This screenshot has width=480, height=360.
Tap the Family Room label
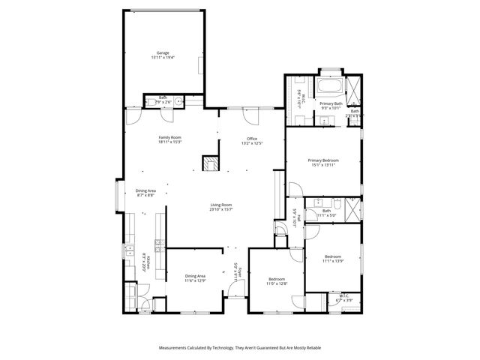pyautogui.click(x=170, y=139)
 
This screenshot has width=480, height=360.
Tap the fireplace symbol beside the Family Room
pyautogui.click(x=210, y=163)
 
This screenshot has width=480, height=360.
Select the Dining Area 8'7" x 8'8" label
pyautogui.click(x=145, y=192)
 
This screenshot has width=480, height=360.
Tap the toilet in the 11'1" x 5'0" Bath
pyautogui.click(x=338, y=203)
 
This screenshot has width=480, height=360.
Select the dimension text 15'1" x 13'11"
pyautogui.click(x=323, y=165)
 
